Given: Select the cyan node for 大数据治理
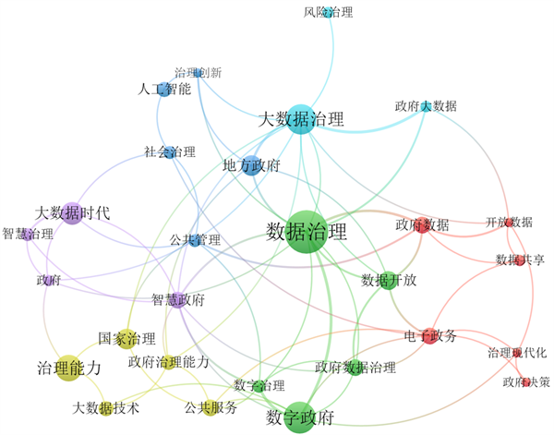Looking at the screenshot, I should [x=300, y=119].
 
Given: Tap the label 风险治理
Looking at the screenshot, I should [x=328, y=12].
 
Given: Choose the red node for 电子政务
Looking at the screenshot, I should [x=429, y=337].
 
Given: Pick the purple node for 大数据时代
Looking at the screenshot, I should [x=73, y=213].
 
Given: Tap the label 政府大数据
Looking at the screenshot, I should [x=426, y=106].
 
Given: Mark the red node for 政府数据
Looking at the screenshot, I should [x=423, y=224].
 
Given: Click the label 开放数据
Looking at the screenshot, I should [x=509, y=223].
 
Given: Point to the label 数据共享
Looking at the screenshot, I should [x=520, y=260].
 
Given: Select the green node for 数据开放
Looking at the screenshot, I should [x=389, y=280].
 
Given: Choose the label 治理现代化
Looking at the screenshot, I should [x=518, y=353].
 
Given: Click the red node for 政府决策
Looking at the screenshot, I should [x=525, y=381].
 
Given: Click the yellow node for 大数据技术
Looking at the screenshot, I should [x=106, y=407].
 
